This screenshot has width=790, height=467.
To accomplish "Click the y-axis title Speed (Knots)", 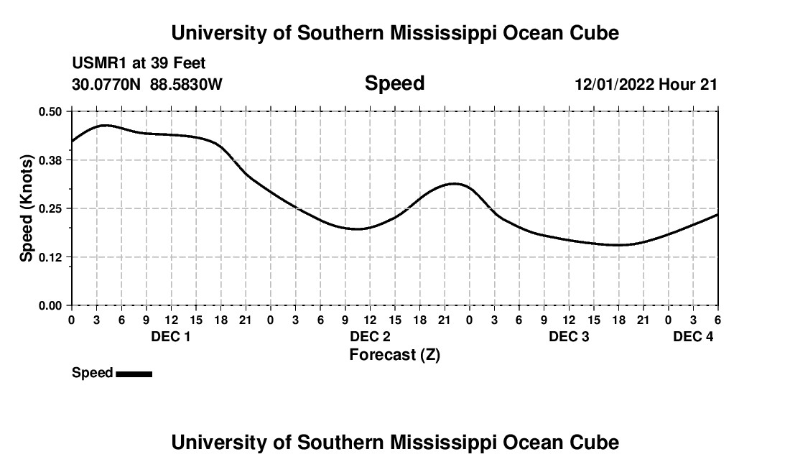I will coord(27,208).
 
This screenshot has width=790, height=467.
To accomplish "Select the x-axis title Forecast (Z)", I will coord(394,355).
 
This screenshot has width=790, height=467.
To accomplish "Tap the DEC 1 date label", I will coord(170,336).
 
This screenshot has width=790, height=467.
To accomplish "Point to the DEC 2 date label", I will coord(370,336).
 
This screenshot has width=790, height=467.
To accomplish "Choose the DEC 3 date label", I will coord(569,336).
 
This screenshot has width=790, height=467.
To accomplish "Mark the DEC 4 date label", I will coord(693,336).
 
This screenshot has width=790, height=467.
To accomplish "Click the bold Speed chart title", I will coord(394,83).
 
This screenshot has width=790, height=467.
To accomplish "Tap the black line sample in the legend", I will coord(134,374).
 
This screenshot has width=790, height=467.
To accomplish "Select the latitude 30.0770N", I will coord(108,84).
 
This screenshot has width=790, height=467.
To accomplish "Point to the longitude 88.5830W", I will coord(186,84).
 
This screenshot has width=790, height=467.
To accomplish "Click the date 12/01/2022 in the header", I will coord(614,85).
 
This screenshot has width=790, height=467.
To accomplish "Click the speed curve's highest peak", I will coord(105,125).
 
